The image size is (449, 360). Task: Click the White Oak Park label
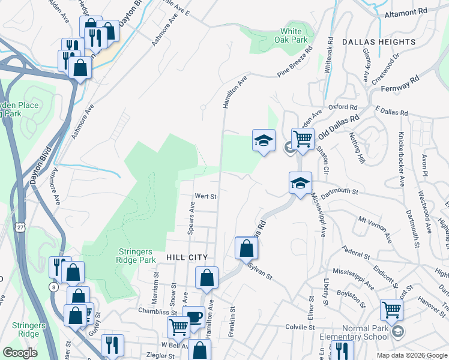point(291,35)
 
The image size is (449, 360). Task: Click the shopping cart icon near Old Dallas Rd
point(303,139)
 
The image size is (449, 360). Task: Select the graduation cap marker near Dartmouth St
point(300,182)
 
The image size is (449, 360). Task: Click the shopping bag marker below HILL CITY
point(206,278)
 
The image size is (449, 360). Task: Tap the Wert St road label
point(205,196)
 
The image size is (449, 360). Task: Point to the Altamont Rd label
point(405,12)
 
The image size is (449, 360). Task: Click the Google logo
point(20,352)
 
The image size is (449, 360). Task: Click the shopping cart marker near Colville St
point(391,310)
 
